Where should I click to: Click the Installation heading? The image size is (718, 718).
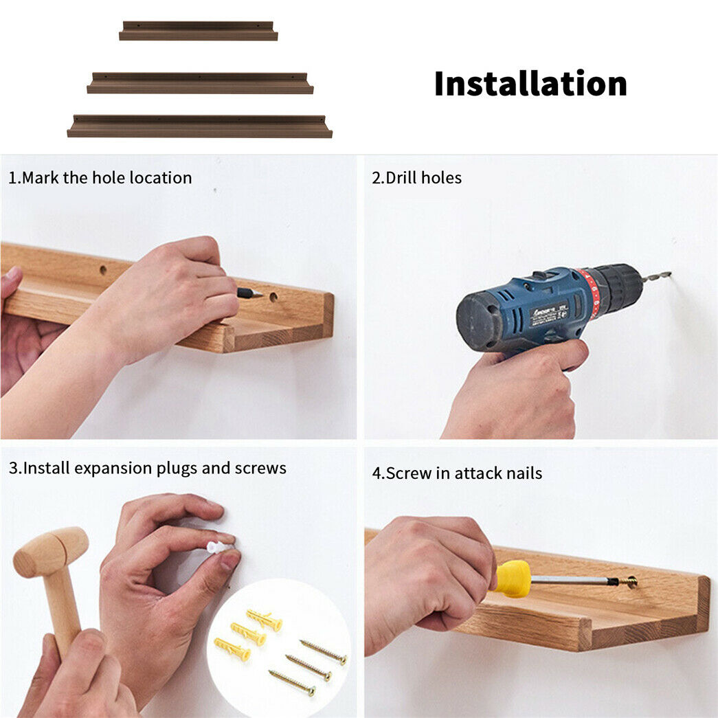(530, 84)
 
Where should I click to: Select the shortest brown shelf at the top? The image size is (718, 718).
(199, 31)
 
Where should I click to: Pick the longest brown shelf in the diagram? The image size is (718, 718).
(200, 126)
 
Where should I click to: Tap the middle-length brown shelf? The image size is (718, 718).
(200, 83)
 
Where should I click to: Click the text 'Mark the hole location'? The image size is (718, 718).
(106, 178)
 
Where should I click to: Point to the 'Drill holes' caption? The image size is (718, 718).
(423, 178)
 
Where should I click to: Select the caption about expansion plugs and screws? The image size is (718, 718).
(155, 468)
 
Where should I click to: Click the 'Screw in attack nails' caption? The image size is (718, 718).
(464, 473)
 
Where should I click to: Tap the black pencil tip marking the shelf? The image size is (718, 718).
(249, 293)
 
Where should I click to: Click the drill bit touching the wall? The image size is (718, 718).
(655, 276)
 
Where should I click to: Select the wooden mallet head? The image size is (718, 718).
(50, 552)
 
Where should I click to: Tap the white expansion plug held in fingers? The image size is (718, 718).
(220, 547)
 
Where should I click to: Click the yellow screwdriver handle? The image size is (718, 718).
(512, 579)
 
